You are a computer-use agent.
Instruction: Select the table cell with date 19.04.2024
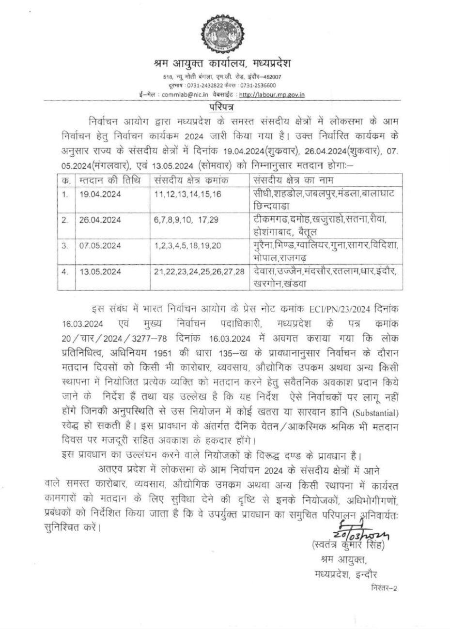100,194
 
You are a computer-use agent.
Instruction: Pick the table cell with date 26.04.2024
100,220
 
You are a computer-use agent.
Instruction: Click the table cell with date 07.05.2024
100,245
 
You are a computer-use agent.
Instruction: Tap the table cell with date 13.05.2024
100,271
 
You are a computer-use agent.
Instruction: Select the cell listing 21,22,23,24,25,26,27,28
200,271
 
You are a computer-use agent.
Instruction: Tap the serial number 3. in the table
65,245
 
